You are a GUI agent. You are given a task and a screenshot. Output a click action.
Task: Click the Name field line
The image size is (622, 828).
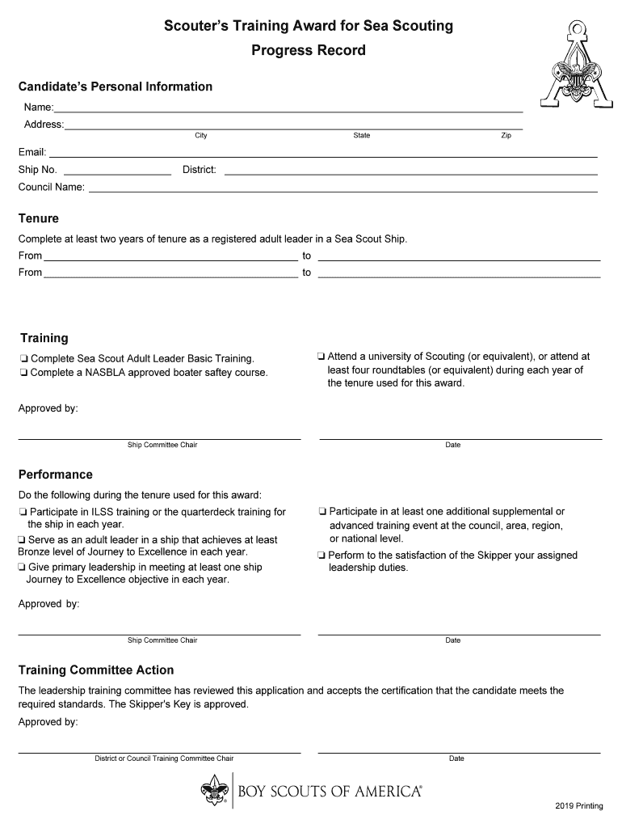click(288, 108)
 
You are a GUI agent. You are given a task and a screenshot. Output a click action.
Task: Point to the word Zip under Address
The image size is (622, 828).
click(506, 136)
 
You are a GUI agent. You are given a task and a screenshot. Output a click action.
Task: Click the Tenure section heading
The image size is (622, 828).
click(39, 218)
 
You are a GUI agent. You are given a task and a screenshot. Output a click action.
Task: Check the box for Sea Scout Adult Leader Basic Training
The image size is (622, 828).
click(24, 359)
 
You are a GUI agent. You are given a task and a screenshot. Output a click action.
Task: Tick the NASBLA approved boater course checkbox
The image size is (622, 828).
click(24, 374)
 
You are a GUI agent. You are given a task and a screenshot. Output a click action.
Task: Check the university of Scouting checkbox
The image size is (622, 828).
click(322, 357)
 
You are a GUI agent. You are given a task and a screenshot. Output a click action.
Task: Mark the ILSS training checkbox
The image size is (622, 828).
click(23, 513)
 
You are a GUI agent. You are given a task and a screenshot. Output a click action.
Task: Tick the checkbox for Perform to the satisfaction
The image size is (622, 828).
click(322, 556)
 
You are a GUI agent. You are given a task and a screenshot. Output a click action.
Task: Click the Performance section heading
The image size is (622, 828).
click(56, 475)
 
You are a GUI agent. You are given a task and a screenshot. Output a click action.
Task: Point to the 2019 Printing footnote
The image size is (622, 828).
click(579, 807)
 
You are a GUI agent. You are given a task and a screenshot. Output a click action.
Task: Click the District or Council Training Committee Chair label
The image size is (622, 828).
click(164, 758)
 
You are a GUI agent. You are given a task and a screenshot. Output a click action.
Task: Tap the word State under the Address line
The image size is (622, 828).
click(362, 136)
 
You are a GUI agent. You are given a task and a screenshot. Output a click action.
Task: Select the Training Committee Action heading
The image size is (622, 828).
click(96, 670)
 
